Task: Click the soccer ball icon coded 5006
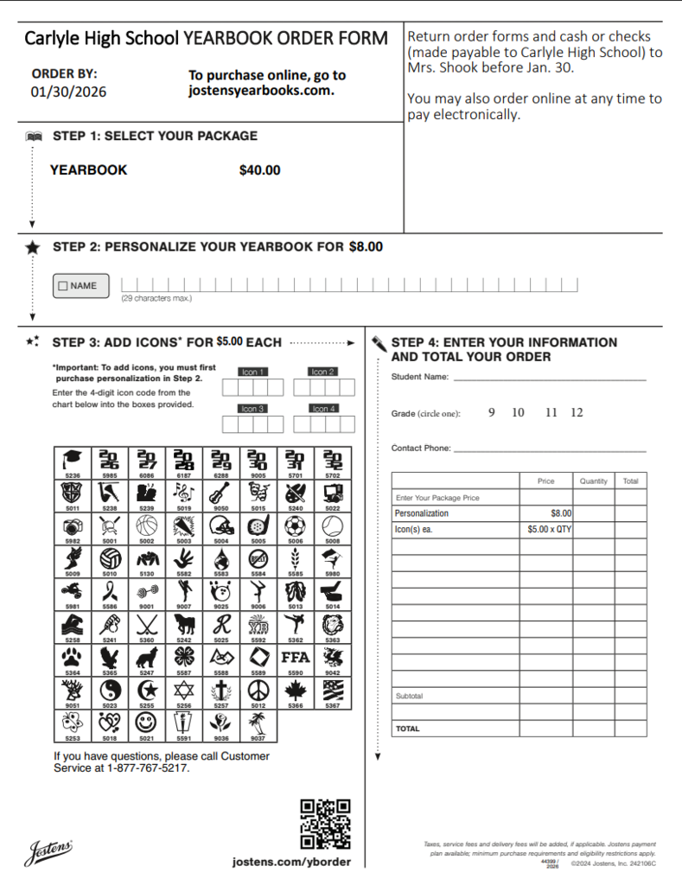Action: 296,525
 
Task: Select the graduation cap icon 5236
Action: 73,460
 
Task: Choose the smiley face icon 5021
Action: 147,722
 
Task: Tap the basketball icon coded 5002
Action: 147,525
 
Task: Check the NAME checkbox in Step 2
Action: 62,286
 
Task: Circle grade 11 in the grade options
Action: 551,412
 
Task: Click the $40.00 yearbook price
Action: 259,170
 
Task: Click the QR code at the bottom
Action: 325,824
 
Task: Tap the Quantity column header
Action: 593,481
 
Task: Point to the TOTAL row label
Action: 408,729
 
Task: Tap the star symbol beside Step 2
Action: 33,248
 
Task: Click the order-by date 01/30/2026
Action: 69,92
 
